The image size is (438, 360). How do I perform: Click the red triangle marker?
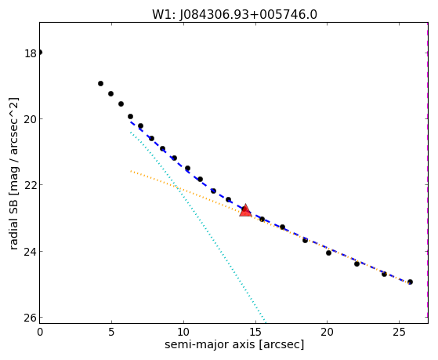point(245,211)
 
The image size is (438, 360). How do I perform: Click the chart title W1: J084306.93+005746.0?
point(234,15)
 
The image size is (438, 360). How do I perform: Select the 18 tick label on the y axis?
point(31,53)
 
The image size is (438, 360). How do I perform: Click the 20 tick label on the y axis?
point(31,119)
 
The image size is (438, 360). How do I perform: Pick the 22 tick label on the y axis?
point(31,185)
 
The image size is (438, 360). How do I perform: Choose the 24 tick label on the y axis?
point(31,252)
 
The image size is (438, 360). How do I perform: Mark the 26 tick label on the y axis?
point(31,318)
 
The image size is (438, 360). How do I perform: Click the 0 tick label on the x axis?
point(40,332)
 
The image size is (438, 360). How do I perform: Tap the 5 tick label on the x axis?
point(112,332)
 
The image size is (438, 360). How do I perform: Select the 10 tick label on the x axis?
point(183,332)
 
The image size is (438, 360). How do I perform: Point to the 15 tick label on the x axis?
point(255,332)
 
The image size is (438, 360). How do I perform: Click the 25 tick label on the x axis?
point(399,332)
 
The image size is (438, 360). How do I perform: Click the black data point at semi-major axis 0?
point(40,53)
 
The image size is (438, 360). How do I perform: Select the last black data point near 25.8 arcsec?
point(410,282)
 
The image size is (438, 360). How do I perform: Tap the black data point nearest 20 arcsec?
point(328,253)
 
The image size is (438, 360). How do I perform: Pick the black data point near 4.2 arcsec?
point(100,83)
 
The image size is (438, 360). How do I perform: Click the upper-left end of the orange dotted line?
point(131,171)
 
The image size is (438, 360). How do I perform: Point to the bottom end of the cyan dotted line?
point(266,322)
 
